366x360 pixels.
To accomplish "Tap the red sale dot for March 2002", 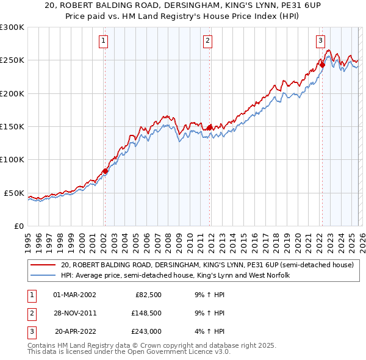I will [105, 171].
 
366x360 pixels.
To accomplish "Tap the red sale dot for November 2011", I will [210, 128].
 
